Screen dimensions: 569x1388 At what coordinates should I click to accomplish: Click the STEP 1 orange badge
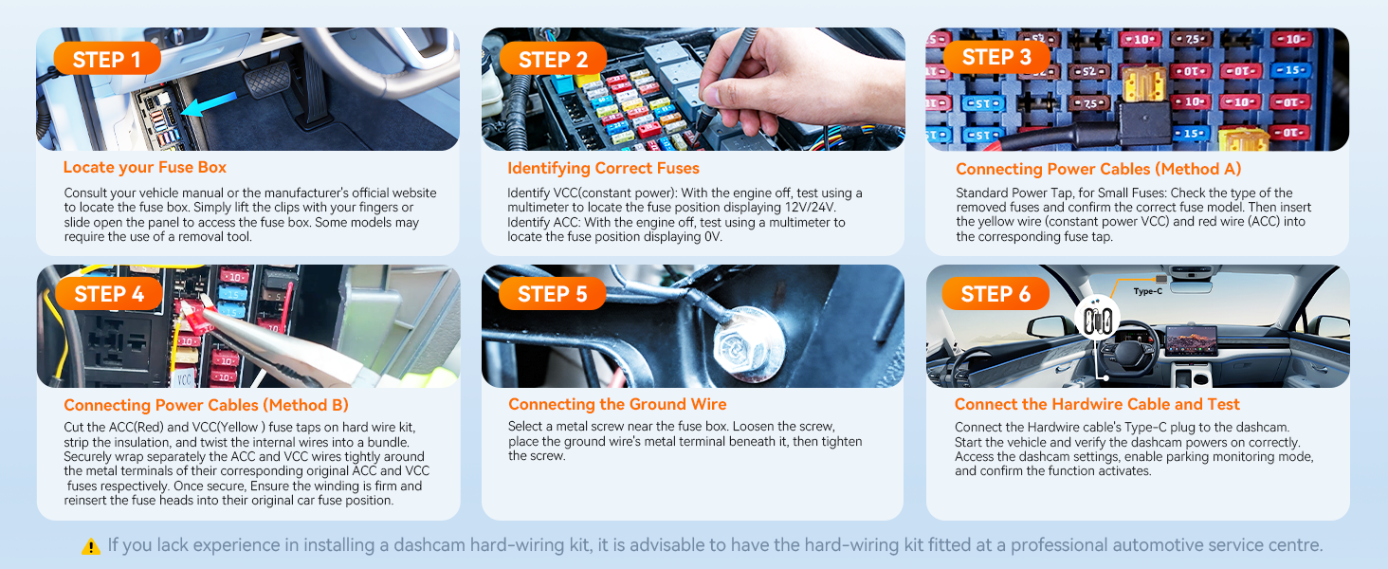[x=106, y=60]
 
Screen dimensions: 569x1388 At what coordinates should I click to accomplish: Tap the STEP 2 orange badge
[x=552, y=60]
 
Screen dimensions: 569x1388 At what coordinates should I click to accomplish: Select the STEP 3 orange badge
[x=995, y=57]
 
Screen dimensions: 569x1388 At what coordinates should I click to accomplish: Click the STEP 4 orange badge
[x=108, y=294]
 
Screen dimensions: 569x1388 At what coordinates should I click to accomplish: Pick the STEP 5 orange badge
[x=554, y=294]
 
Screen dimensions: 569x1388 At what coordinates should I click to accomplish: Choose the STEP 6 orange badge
[x=995, y=294]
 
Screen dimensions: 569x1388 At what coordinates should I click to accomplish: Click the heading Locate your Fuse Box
[x=145, y=167]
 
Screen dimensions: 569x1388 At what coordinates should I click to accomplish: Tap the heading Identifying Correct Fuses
[x=603, y=168]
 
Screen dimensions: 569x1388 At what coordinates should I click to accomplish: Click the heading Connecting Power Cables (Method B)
[x=206, y=405]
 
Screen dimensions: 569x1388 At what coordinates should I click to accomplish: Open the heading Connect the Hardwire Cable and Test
[x=1097, y=404]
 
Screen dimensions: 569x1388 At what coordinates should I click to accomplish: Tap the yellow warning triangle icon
[x=91, y=546]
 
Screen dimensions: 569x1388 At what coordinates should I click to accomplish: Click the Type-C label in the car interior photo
[x=1147, y=291]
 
